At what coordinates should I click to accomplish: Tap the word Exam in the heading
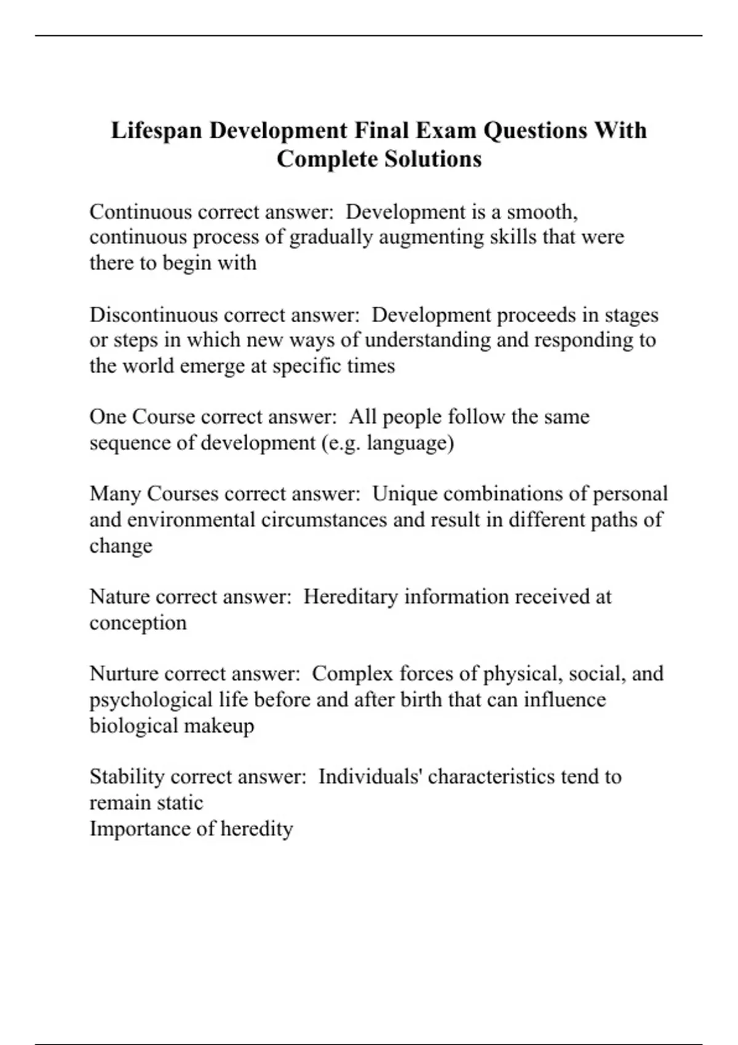(446, 131)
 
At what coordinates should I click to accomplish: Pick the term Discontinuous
(154, 315)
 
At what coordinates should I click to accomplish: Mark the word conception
(138, 623)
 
